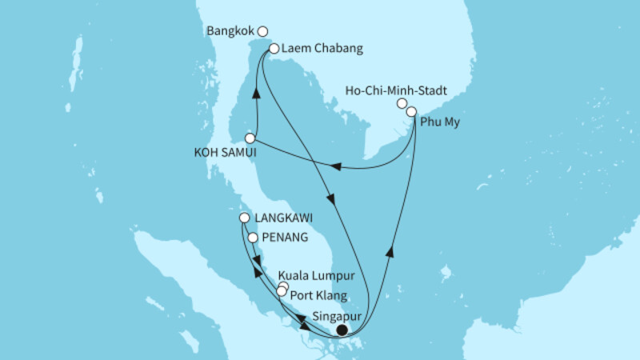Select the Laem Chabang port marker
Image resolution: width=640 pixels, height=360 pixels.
click(x=274, y=49)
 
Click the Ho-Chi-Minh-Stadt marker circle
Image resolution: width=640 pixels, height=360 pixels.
click(x=402, y=103)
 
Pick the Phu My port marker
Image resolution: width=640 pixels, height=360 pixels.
click(x=412, y=112)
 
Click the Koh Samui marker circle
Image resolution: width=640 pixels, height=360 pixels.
click(x=250, y=138)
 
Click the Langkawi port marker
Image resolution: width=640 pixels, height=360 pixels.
click(x=245, y=217)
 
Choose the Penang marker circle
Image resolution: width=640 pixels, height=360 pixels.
click(x=253, y=238)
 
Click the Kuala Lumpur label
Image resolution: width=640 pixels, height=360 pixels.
click(x=316, y=276)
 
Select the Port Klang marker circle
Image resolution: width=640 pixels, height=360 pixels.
click(x=281, y=292)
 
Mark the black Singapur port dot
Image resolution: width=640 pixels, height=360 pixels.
click(x=342, y=330)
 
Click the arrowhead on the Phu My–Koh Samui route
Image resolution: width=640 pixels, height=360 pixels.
click(x=337, y=167)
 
